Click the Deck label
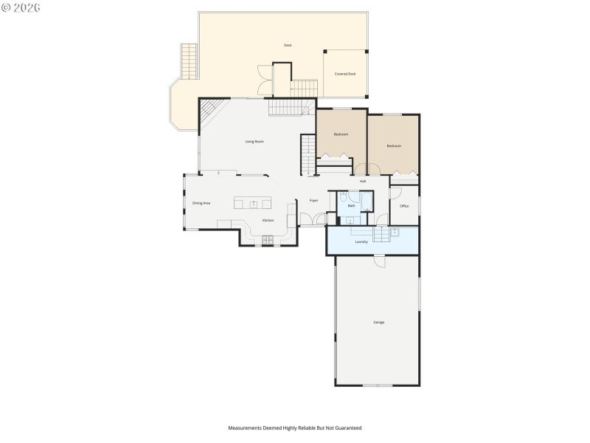(288, 45)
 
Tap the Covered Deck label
(345, 74)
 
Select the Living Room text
(254, 141)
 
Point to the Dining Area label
(201, 203)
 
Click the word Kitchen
(268, 220)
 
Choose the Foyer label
(313, 200)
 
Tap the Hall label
(363, 181)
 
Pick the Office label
(404, 206)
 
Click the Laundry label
(361, 241)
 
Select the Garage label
(378, 322)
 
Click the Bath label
(351, 206)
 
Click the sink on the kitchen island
(253, 204)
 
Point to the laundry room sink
(395, 233)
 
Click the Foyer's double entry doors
(319, 219)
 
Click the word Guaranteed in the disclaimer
(347, 427)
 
